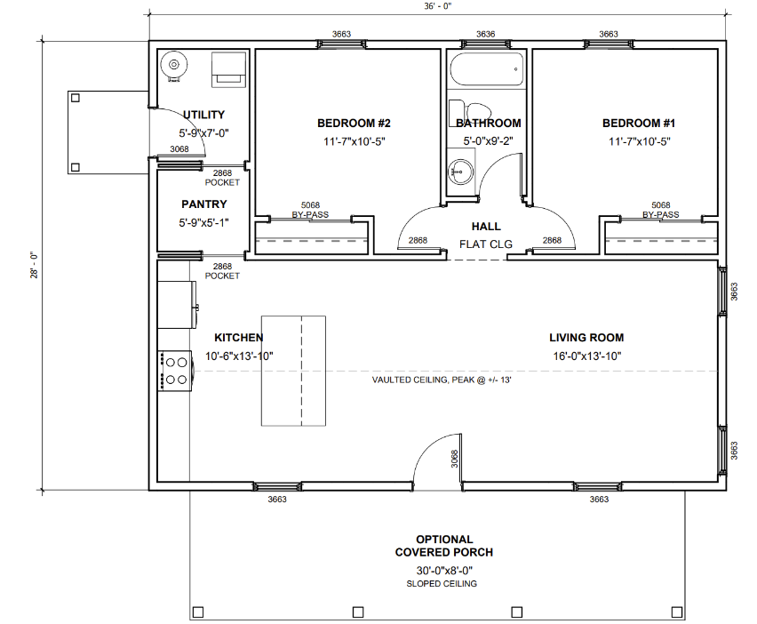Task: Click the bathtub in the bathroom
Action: pyautogui.click(x=487, y=69)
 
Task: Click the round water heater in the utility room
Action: pyautogui.click(x=174, y=65)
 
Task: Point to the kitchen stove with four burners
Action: pyautogui.click(x=175, y=371)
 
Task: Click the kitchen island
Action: pyautogui.click(x=293, y=371)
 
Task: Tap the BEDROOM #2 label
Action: pyautogui.click(x=354, y=124)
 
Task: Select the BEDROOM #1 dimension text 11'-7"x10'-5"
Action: pyautogui.click(x=639, y=141)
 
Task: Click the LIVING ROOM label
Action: pyautogui.click(x=586, y=338)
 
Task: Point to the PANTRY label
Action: pyautogui.click(x=204, y=204)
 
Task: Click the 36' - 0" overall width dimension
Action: pyautogui.click(x=438, y=6)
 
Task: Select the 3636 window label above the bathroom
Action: pyautogui.click(x=486, y=34)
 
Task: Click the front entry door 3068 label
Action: pyautogui.click(x=454, y=459)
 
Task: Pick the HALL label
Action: pyautogui.click(x=486, y=227)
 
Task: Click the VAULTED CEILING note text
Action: pyautogui.click(x=442, y=380)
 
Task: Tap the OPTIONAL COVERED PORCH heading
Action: pyautogui.click(x=444, y=546)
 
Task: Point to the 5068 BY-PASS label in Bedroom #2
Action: pyautogui.click(x=310, y=210)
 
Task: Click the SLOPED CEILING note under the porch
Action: pyautogui.click(x=442, y=583)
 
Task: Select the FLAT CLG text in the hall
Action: pyautogui.click(x=486, y=244)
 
